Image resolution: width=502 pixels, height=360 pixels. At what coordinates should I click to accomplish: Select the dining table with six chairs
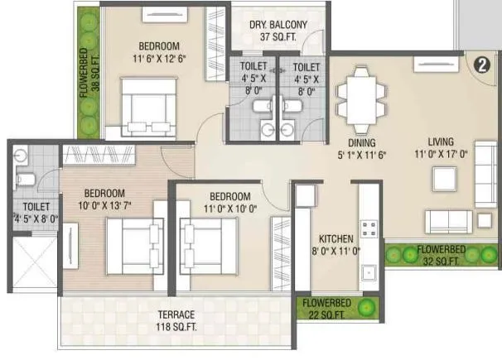pyautogui.click(x=361, y=90)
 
